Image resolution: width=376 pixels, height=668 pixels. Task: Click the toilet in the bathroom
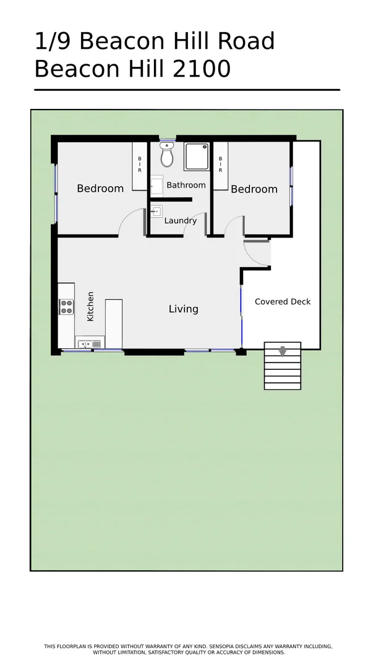pyautogui.click(x=167, y=157)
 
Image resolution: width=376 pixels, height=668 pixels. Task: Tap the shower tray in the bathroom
pyautogui.click(x=197, y=157)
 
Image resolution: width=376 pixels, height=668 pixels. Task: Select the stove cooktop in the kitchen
pyautogui.click(x=66, y=307)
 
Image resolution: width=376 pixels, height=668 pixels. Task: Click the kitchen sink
pyautogui.click(x=90, y=343)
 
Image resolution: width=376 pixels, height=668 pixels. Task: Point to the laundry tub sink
pyautogui.click(x=156, y=212)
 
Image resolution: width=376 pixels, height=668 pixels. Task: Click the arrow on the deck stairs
pyautogui.click(x=283, y=351)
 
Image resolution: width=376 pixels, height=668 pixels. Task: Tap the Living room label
pyautogui.click(x=184, y=309)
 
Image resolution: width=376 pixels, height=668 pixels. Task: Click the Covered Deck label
pyautogui.click(x=283, y=302)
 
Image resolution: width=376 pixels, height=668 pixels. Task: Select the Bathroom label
pyautogui.click(x=186, y=185)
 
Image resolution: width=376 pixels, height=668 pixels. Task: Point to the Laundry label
pyautogui.click(x=181, y=221)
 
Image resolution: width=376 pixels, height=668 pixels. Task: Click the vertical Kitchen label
pyautogui.click(x=90, y=306)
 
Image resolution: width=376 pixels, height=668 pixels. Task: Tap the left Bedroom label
pyautogui.click(x=100, y=189)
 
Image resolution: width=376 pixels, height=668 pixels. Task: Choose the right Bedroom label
pyautogui.click(x=254, y=189)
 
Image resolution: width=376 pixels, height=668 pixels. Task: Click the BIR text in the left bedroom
pyautogui.click(x=140, y=164)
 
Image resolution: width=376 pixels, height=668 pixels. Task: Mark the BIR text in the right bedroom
pyautogui.click(x=220, y=164)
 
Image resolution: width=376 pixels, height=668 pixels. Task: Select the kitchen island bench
pyautogui.click(x=113, y=323)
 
